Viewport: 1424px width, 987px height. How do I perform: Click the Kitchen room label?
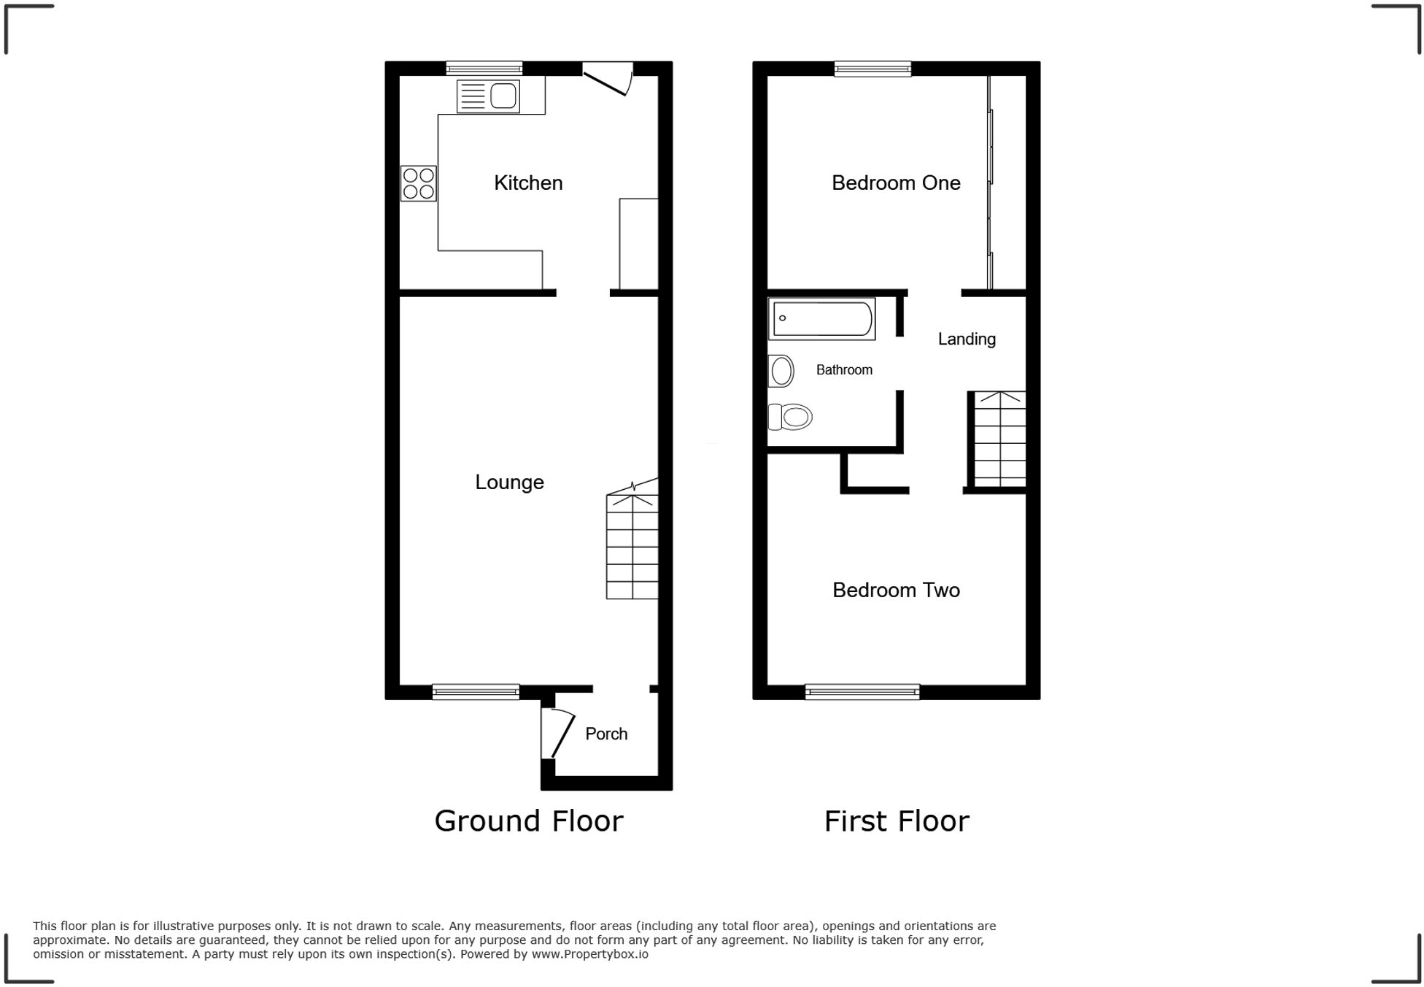pos(528,183)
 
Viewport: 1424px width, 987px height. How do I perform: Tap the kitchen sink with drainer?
pos(487,96)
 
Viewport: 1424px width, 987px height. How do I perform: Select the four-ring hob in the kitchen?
pos(419,183)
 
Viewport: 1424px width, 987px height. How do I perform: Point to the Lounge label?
pos(509,482)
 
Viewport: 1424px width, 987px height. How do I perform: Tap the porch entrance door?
pos(557,733)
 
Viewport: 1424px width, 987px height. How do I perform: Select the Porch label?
pos(606,734)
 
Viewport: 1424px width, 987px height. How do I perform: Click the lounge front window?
pos(476,691)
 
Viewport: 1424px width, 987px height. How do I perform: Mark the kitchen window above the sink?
pos(484,69)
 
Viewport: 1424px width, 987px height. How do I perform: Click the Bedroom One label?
pos(896,183)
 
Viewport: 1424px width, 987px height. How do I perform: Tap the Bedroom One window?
pos(872,69)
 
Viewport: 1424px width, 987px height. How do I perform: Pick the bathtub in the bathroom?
pos(821,319)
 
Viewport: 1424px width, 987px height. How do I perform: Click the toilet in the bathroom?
pos(791,417)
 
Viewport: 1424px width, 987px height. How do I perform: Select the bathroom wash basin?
pos(781,371)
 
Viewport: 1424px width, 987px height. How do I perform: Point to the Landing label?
pos(967,339)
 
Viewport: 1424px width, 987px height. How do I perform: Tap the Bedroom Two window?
pos(862,691)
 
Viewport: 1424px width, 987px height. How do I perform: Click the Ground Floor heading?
pos(528,821)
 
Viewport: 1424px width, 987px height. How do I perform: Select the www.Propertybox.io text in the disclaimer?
pos(589,954)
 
